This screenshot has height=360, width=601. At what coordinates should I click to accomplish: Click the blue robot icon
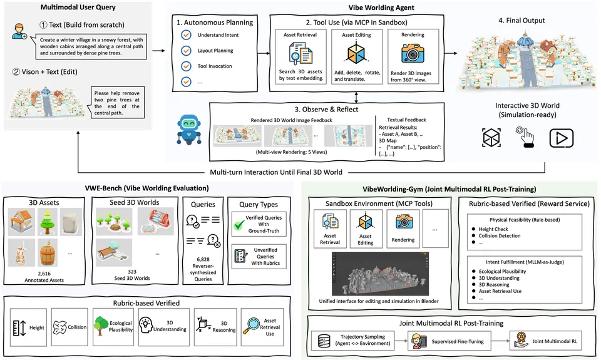[189, 130]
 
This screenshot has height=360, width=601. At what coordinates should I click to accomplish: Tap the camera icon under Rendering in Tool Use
[413, 53]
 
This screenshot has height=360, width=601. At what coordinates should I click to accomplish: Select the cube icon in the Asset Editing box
[356, 54]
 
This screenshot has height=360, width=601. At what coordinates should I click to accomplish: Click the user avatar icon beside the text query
[19, 31]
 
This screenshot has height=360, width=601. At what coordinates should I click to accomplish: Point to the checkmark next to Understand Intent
[187, 35]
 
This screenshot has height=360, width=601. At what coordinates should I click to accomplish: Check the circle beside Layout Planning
[187, 51]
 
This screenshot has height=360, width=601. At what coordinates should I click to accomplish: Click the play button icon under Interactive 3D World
[561, 138]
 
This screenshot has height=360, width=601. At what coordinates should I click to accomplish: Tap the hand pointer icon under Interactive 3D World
[526, 137]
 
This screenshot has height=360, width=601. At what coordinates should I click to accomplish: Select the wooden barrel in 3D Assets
[48, 253]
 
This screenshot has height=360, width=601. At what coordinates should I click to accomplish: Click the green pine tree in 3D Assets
[48, 222]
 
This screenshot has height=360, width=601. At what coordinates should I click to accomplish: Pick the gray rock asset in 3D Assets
[71, 222]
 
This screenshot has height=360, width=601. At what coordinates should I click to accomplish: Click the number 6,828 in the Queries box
[203, 259]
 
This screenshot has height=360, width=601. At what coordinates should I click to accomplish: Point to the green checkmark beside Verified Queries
[239, 225]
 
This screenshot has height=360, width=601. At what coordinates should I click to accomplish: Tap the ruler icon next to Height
[19, 328]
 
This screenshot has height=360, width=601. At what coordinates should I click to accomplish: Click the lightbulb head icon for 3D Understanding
[146, 326]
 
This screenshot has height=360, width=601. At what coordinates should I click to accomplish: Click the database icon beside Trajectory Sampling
[324, 341]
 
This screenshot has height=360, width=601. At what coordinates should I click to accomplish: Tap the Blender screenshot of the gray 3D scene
[380, 274]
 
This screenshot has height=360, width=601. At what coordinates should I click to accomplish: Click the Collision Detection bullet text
[500, 236]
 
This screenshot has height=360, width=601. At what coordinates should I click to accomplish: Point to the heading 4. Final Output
[521, 20]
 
